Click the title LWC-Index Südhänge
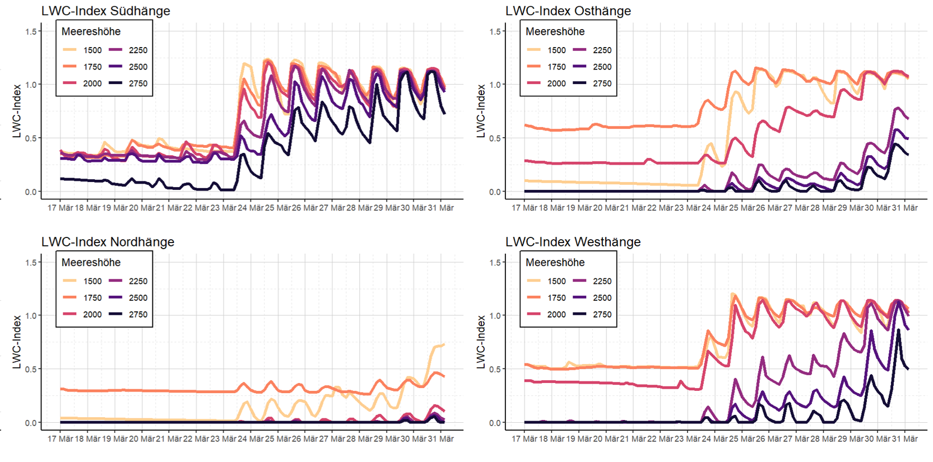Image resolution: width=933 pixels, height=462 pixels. pos(105,11)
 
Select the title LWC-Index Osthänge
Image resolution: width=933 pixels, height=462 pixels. pos(568,11)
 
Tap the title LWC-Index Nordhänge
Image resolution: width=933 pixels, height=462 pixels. pos(108,242)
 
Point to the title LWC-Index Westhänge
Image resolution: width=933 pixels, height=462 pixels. pos(573,242)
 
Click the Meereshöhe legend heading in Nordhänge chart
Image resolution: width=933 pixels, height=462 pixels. pos(91,263)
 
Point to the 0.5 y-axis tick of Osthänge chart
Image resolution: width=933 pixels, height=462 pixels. pos(495,138)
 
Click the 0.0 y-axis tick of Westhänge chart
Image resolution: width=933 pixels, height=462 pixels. pos(495,423)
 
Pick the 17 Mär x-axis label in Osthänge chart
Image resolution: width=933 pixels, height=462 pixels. pos(524,208)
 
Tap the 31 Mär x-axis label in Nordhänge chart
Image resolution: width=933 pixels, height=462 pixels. pos(439,439)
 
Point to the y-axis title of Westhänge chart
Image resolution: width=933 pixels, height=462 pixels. pos(481,342)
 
